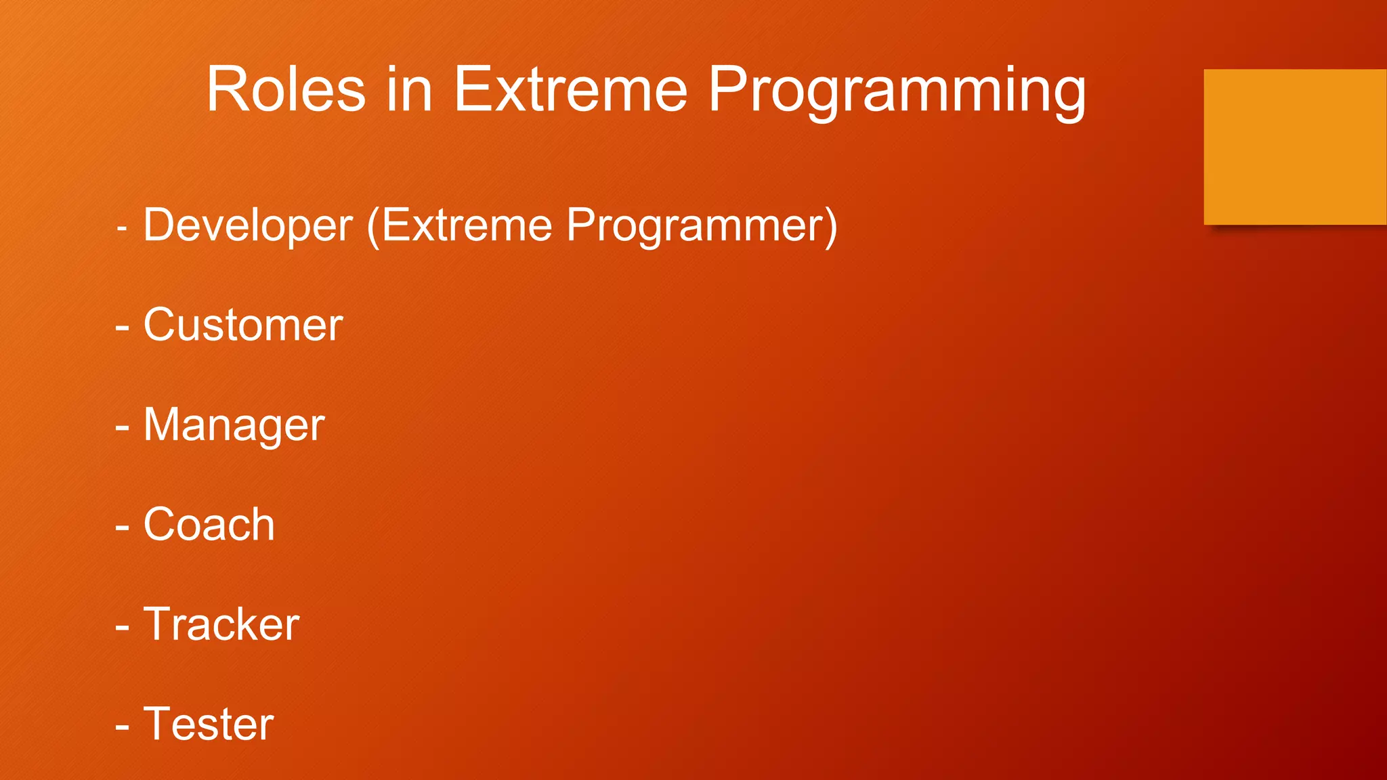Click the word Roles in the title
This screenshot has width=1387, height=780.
(x=285, y=89)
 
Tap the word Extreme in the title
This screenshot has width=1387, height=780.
(x=570, y=89)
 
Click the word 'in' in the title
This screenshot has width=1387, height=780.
(x=409, y=89)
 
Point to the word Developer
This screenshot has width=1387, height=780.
(x=248, y=226)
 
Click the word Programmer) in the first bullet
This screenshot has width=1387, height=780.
(x=702, y=226)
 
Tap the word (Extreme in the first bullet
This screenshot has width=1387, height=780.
(x=459, y=226)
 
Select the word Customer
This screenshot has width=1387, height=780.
(x=242, y=325)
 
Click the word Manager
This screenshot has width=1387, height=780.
(x=234, y=426)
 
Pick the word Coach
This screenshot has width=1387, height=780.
(x=209, y=525)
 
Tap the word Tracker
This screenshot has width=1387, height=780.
(x=221, y=624)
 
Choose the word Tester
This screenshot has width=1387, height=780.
(x=208, y=724)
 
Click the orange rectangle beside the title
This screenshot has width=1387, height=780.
(x=1294, y=146)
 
